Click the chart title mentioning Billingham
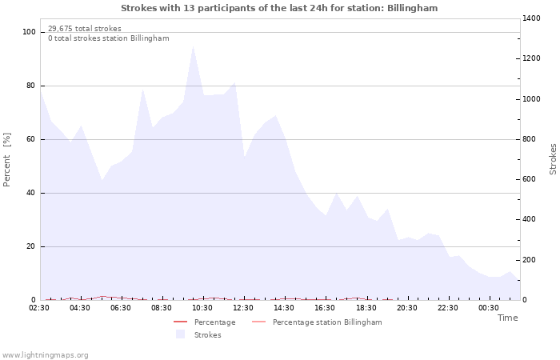tap(279, 8)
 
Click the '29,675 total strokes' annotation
tap(85, 28)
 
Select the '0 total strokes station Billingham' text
tap(108, 38)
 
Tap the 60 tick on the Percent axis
tap(31, 139)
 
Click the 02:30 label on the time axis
tap(40, 307)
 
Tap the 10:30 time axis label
tap(202, 307)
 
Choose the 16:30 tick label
tap(325, 307)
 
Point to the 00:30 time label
tap(488, 307)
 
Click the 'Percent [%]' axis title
tap(8, 160)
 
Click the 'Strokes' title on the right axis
tap(553, 159)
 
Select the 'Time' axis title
tap(507, 318)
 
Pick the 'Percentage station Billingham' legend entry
tap(326, 322)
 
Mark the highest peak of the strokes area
tap(193, 46)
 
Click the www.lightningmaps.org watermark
tap(45, 354)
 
